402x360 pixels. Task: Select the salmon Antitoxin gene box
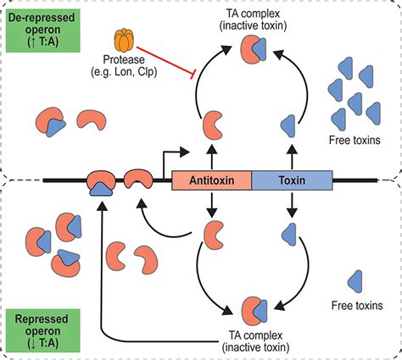coord(212,180)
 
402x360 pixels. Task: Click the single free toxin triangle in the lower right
coord(355,280)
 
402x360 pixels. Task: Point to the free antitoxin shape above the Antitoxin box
coord(211,130)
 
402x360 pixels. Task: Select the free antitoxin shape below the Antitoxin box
coord(211,231)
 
